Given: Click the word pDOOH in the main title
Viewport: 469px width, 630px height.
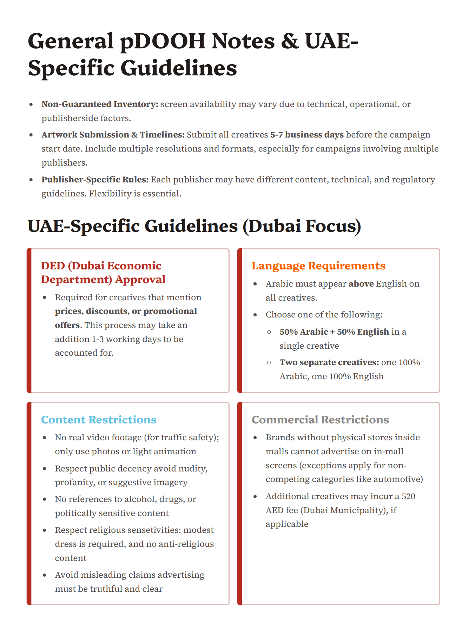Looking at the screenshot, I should (163, 41).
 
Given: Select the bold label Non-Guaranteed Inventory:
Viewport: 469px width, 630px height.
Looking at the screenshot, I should (100, 104).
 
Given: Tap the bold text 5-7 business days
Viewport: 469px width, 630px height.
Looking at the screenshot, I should (306, 135).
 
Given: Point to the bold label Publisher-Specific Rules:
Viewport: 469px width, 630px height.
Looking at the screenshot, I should (95, 180).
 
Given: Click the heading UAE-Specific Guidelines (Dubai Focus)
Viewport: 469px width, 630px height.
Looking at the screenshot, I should (194, 226).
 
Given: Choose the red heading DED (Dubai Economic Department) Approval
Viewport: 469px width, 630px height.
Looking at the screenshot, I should (103, 273).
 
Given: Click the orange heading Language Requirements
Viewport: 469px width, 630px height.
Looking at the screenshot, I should (318, 266).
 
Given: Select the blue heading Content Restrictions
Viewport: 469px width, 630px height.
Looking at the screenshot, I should (99, 420).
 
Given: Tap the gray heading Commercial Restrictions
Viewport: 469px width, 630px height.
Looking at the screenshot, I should (320, 420).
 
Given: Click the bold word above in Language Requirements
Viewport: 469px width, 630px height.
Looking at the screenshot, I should (361, 284).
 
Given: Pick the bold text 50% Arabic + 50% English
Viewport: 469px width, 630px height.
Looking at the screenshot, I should (334, 332).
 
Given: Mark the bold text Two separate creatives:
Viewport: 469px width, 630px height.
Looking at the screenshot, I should (329, 362).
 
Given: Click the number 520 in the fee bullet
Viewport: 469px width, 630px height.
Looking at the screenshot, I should (408, 496).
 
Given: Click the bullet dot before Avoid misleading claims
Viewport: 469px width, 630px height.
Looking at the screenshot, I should (45, 575).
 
